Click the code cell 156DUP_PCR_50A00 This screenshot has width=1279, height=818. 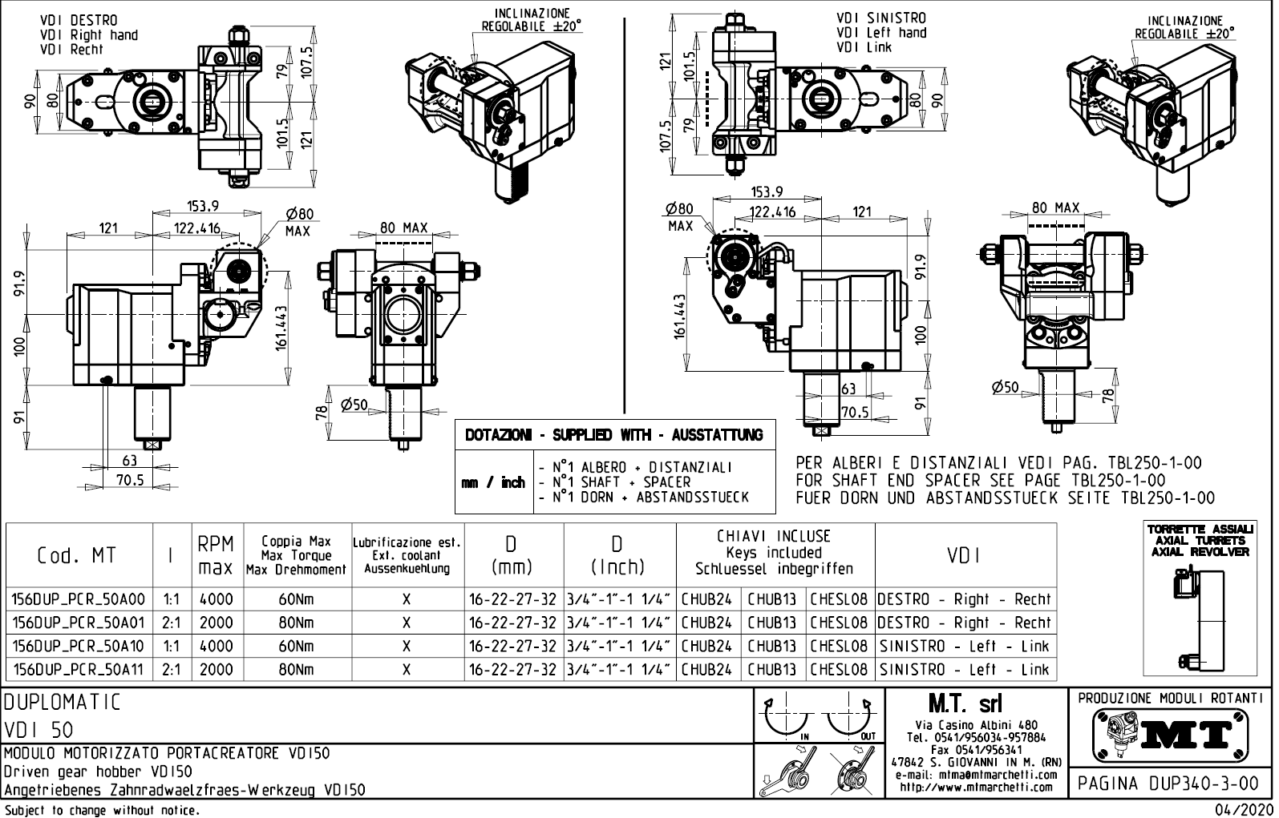(79, 599)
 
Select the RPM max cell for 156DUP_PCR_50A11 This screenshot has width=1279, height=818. (216, 669)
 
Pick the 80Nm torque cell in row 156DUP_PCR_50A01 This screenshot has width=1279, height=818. (296, 623)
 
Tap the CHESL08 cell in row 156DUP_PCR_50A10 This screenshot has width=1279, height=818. (839, 646)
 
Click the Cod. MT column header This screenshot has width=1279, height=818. (77, 555)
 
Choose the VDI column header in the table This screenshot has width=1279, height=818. (964, 555)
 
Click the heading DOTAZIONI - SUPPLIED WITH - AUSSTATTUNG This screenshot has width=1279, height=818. (614, 435)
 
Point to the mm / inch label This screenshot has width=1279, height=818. (492, 482)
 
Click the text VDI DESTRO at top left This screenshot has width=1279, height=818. (78, 20)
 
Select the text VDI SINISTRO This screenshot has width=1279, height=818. (880, 18)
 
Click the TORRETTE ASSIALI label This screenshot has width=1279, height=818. (1200, 530)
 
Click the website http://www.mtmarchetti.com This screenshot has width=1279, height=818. (975, 787)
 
